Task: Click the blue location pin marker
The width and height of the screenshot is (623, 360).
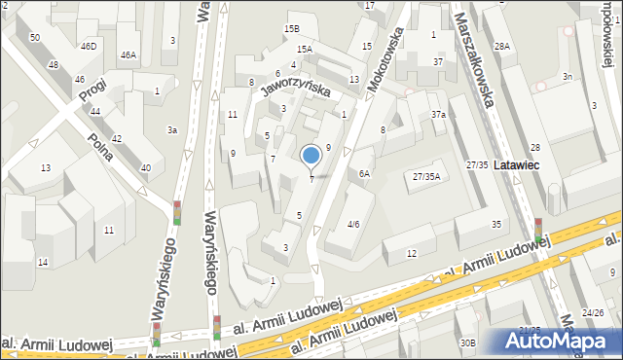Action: pos(311,155)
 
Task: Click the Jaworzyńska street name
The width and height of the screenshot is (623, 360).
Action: pos(295,90)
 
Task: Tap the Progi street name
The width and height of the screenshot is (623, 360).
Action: pos(93,88)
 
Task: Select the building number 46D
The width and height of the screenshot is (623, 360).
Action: pos(89,46)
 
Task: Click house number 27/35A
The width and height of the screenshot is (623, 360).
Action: pos(426,176)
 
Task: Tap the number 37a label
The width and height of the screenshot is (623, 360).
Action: pos(439,114)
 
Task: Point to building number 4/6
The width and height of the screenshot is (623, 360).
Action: pos(353,225)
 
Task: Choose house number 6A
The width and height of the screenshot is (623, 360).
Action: pos(363,173)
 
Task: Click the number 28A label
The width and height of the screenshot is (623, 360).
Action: pos(501,46)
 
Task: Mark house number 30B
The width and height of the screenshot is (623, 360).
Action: pos(468,342)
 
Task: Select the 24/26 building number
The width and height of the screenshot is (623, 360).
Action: pos(593,312)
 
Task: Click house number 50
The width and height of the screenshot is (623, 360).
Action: pos(35,37)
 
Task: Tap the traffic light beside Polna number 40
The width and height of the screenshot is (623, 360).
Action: pos(177,212)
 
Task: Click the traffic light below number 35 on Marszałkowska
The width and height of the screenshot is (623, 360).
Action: pos(538,230)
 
